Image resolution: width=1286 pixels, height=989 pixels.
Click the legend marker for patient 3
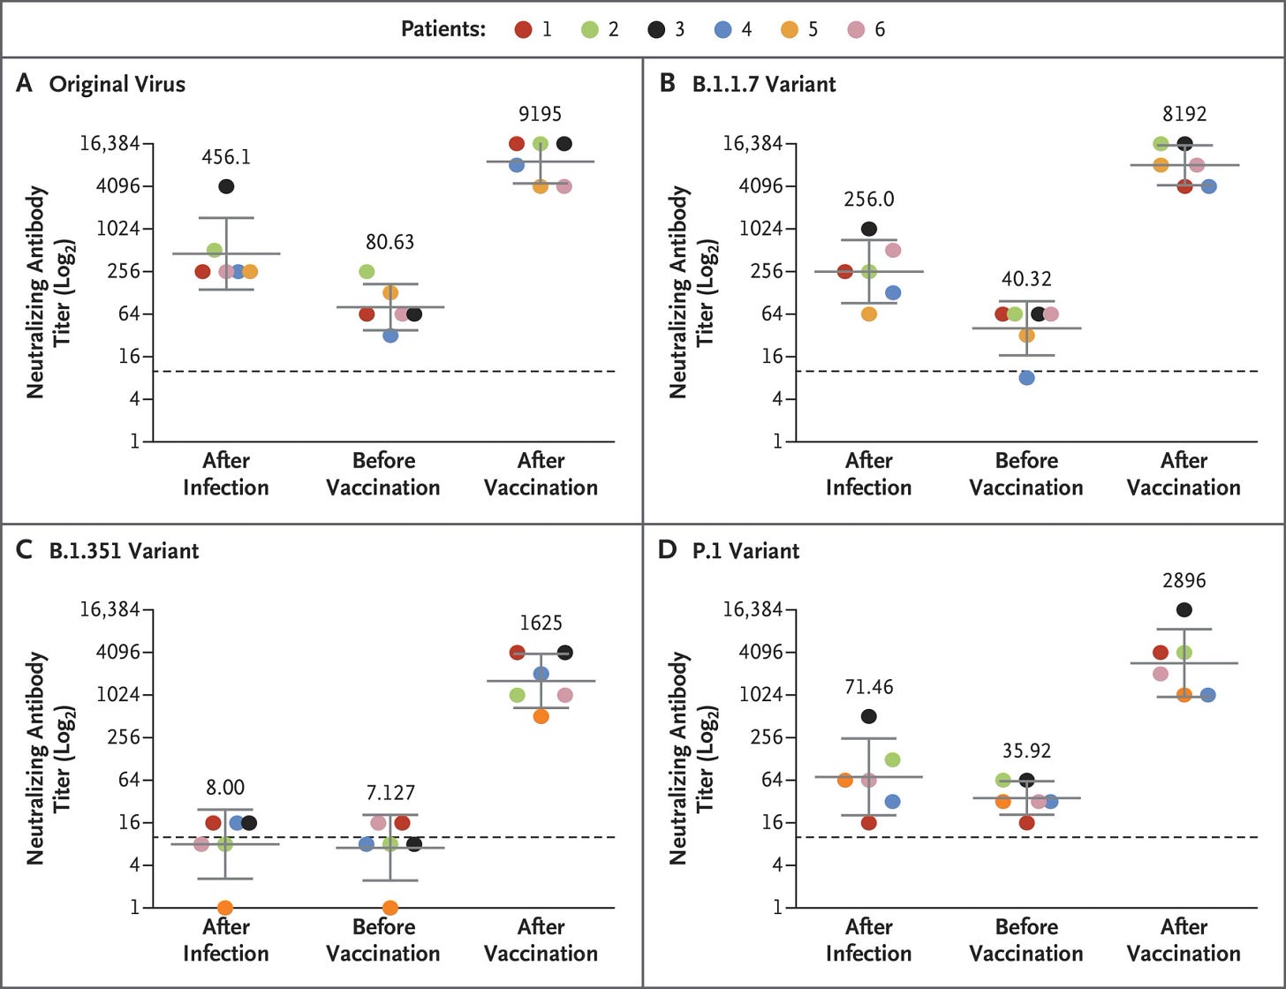point(656,29)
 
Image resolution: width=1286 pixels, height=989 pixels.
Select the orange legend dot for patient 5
point(790,29)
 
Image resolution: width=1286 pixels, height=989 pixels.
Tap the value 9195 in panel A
point(541,114)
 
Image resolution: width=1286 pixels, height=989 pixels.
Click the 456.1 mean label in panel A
point(226,157)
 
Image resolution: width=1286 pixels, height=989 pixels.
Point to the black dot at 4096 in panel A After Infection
point(226,186)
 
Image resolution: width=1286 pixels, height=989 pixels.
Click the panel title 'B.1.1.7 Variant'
point(764,84)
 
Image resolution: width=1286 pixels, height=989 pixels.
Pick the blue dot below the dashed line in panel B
point(1026,378)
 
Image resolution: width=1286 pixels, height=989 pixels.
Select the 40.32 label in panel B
point(1026,279)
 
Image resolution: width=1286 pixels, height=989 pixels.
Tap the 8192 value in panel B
point(1184,114)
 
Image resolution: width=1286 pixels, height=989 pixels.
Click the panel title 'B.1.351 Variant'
point(124,550)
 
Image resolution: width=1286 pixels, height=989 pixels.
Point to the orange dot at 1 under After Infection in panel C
point(225,908)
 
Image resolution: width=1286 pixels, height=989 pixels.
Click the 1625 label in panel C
point(541,623)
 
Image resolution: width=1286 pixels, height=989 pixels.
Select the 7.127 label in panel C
point(390,792)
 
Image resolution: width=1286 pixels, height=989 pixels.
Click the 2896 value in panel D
point(1184,581)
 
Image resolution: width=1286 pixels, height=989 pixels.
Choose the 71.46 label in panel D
point(869,687)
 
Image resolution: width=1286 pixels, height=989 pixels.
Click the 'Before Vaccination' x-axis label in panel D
point(1026,940)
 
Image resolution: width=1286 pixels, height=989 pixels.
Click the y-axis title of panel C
point(48,758)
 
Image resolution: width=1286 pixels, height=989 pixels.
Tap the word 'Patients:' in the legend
point(443,29)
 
